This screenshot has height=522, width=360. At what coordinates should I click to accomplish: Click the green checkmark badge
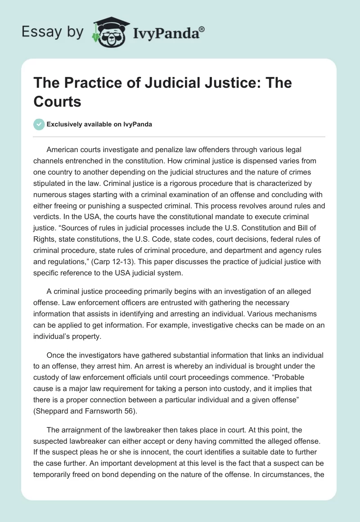click(39, 124)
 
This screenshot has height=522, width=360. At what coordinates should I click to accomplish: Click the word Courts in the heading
click(58, 102)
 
